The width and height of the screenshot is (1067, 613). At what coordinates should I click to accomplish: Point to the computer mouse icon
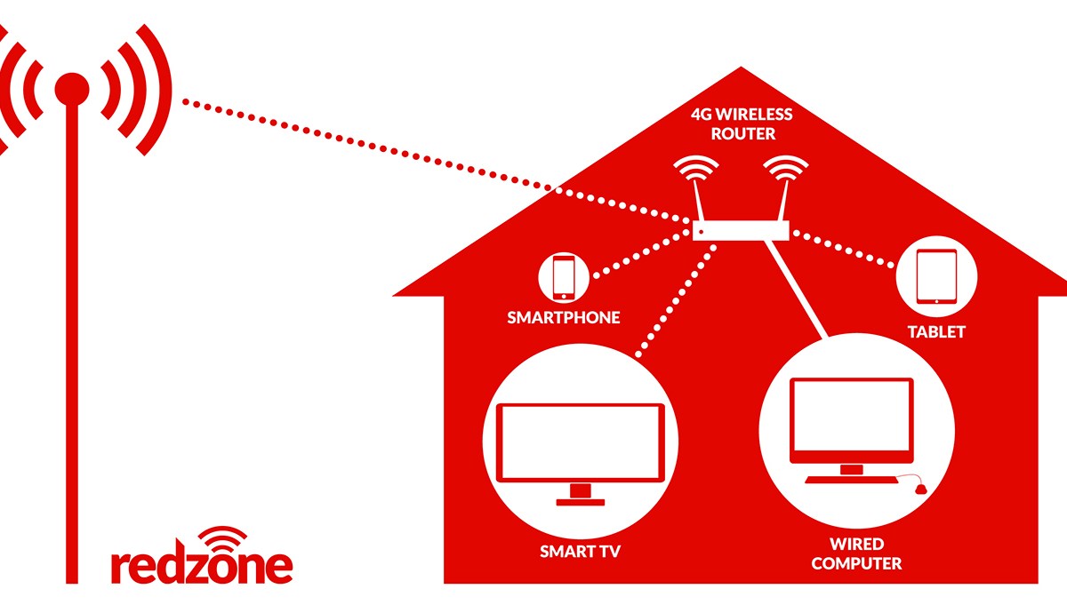(921, 487)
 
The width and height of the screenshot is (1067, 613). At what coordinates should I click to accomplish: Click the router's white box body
(742, 231)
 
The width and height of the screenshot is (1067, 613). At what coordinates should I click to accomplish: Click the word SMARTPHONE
(564, 317)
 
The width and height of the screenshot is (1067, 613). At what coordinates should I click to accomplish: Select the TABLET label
(935, 332)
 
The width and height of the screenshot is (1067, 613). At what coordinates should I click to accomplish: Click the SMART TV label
(580, 552)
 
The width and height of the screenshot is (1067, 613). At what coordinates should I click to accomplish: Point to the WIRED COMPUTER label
(856, 553)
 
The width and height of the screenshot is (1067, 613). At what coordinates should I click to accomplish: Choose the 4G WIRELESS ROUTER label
(742, 124)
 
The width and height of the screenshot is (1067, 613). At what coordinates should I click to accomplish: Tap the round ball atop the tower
(72, 87)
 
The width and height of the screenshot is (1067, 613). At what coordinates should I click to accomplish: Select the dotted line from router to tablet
(845, 251)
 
